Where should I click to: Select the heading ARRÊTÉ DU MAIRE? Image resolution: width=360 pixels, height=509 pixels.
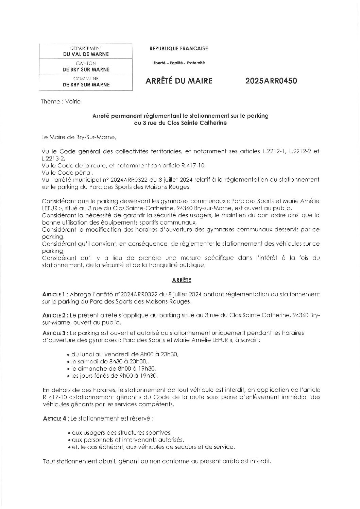click(179, 81)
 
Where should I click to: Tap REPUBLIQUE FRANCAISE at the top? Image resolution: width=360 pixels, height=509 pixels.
click(179, 49)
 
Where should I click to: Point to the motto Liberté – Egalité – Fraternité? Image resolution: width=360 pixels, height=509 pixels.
click(179, 63)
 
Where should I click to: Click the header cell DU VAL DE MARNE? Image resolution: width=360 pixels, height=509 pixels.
click(86, 54)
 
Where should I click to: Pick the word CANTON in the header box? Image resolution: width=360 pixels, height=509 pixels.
click(86, 63)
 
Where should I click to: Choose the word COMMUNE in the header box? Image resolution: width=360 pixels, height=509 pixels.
click(86, 79)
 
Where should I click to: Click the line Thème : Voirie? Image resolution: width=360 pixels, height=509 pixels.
click(61, 101)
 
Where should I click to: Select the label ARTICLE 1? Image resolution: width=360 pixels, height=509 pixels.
click(54, 294)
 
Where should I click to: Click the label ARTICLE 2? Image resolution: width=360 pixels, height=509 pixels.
click(54, 316)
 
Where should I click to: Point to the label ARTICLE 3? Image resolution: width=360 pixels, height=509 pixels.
click(54, 332)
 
